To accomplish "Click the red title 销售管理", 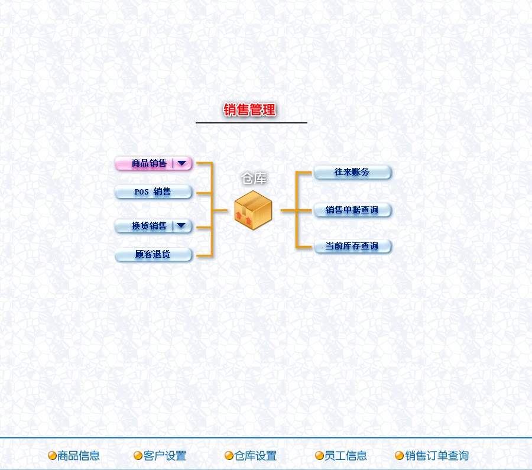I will tap(249, 110).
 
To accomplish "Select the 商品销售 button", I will tap(148, 164).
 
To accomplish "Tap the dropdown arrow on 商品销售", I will tap(181, 163).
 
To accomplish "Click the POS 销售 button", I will tap(153, 192).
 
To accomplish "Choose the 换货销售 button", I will tap(148, 226).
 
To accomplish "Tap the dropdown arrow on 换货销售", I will tap(181, 225).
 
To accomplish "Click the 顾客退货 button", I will tap(153, 255).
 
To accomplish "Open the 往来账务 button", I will tap(352, 173).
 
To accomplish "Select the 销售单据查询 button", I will tap(352, 210).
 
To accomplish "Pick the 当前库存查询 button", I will tap(352, 246).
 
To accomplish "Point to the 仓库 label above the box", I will tap(254, 178).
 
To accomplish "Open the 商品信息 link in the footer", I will tap(79, 456).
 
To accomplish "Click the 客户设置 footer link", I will tap(165, 456).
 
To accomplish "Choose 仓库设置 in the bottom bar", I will tap(255, 456).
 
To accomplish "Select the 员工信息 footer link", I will tap(346, 456).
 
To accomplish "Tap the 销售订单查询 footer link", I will tap(437, 456).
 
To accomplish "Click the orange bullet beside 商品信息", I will tap(52, 456).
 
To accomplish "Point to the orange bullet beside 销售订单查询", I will tap(399, 456).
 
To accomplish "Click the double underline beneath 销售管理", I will tap(251, 123).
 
